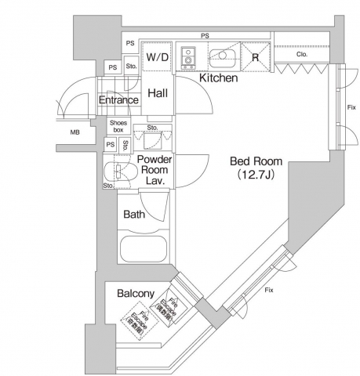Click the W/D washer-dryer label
(x=157, y=57)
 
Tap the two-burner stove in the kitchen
(x=188, y=57)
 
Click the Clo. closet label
(x=301, y=55)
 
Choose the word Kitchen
(x=218, y=79)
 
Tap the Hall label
(x=158, y=92)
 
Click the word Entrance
(x=118, y=100)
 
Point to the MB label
(x=75, y=132)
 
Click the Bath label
(x=134, y=215)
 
